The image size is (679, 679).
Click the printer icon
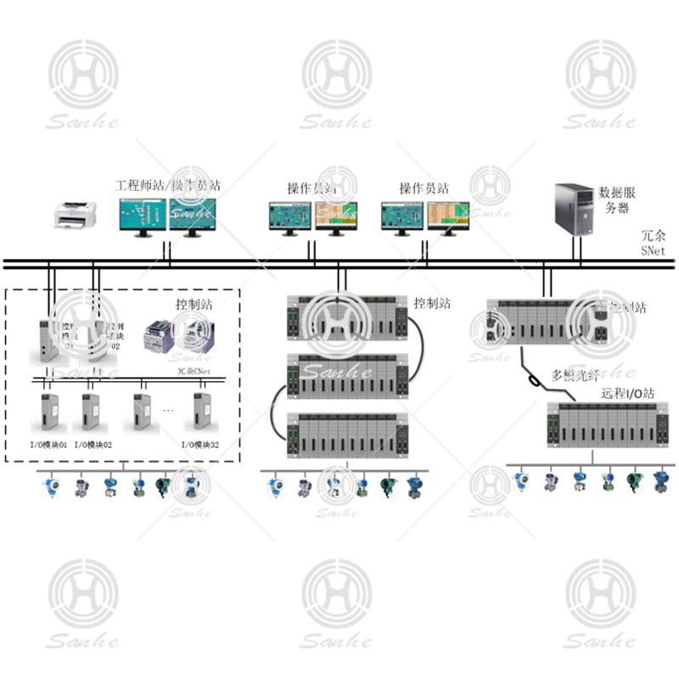(x=74, y=215)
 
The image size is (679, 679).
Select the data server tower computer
(x=575, y=206)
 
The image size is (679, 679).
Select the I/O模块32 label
(x=202, y=444)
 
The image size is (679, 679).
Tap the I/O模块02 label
(x=93, y=444)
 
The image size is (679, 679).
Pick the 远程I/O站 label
(x=627, y=393)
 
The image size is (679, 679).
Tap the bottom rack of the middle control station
(x=347, y=434)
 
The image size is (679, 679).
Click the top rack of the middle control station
(x=347, y=316)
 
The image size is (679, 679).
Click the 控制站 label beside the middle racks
(x=432, y=303)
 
